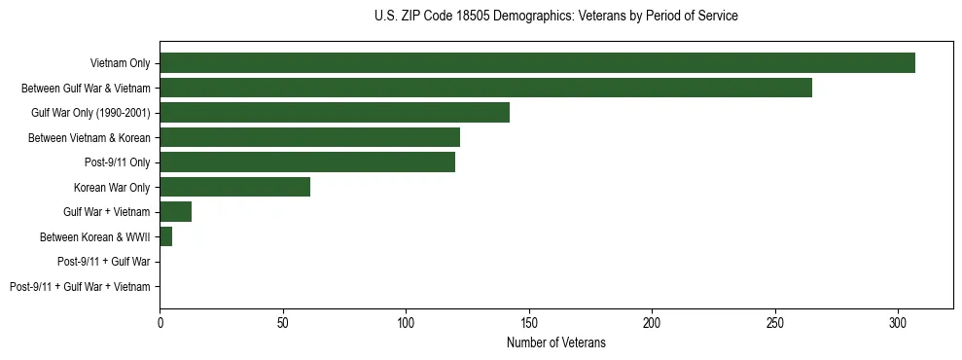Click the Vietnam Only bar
click(537, 62)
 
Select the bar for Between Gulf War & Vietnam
click(485, 88)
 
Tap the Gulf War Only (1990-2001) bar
click(334, 112)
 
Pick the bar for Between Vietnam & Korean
click(309, 137)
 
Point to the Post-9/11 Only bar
click(307, 162)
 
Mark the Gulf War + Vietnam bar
click(175, 211)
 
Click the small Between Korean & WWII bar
click(165, 236)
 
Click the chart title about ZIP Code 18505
click(555, 17)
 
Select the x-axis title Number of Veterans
click(555, 342)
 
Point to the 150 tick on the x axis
click(529, 322)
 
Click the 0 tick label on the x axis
click(160, 322)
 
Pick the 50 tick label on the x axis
click(283, 322)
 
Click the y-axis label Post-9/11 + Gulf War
click(104, 262)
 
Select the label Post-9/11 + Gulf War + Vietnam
click(80, 286)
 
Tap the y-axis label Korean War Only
click(112, 187)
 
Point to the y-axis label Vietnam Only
click(120, 62)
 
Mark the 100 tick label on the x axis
click(406, 322)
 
